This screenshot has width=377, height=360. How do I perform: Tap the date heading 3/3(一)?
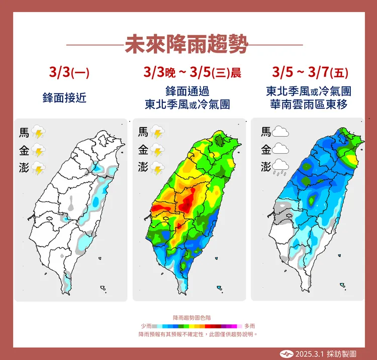pos(69,72)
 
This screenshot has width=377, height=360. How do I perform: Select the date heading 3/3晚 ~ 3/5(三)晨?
pos(192,72)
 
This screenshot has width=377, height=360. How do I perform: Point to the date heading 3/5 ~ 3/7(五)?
pos(310,72)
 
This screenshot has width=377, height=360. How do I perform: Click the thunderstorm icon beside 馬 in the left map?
pos(39,133)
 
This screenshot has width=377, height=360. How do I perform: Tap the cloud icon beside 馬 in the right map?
pos(280,133)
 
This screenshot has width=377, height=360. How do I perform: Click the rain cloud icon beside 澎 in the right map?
pos(280,167)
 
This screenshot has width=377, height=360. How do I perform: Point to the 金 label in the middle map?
pos(143,150)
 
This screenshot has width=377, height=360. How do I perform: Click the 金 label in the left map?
pos(24,150)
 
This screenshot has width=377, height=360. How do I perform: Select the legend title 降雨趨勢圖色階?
pos(192,318)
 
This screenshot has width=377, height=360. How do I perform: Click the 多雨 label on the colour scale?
pos(250,326)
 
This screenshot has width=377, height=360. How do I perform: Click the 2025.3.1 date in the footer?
pos(308,352)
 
